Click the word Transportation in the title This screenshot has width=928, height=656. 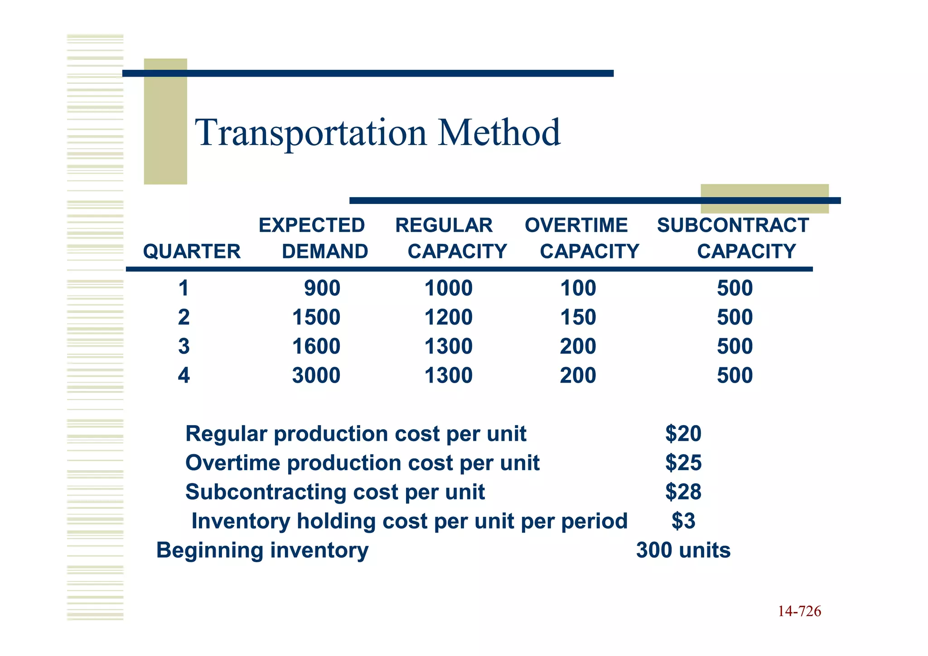310,133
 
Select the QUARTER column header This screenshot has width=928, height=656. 192,252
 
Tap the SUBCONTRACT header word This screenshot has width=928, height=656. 733,225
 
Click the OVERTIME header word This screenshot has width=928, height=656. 576,225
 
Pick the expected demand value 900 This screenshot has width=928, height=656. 322,288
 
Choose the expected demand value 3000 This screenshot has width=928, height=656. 316,376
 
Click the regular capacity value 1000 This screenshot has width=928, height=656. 448,288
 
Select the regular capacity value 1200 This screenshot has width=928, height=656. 448,317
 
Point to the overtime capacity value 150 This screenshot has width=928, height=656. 578,317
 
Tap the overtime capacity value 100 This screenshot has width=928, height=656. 578,288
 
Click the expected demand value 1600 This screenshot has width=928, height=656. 316,347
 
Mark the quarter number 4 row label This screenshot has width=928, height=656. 184,376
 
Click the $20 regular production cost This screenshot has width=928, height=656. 683,434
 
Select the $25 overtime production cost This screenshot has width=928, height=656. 683,463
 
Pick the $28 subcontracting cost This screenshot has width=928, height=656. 683,492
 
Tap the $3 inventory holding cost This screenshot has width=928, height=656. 683,521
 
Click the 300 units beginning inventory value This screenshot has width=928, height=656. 683,550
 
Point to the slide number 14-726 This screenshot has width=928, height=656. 799,612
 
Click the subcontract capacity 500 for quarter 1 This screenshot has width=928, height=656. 735,288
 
